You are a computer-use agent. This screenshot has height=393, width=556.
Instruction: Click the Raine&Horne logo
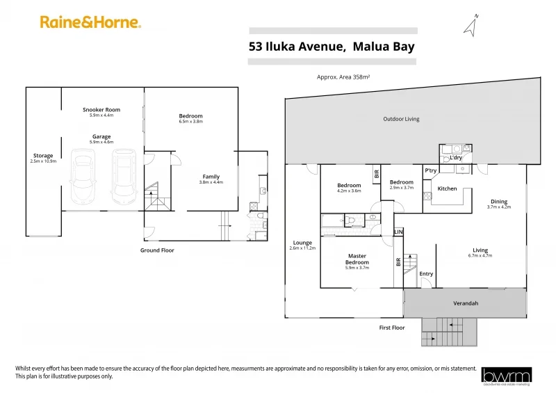pos(90,22)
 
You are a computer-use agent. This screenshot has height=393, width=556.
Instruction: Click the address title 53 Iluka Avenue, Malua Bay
pos(332,47)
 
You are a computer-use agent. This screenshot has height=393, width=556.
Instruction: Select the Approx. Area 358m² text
pos(343,77)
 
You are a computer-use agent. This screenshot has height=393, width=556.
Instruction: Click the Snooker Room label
pos(101,110)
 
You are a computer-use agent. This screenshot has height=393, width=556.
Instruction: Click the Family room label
pos(211,177)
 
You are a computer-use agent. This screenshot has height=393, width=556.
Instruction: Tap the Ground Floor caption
pos(157,250)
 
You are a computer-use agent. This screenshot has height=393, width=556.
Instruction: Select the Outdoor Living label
pos(401,119)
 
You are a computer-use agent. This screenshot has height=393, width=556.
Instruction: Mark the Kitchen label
pos(447,189)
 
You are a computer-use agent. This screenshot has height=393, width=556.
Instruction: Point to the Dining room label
pos(498,202)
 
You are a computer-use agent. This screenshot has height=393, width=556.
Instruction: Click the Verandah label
pos(466,303)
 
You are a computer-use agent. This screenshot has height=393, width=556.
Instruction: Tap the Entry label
pos(426,273)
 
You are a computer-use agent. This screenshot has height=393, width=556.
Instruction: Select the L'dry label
pos(456,158)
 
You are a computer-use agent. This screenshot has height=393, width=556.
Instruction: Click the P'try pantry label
pos(430,170)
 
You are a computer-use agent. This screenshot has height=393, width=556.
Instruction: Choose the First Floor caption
pos(391,327)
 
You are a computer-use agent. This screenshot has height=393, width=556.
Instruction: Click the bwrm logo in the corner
pos(507,375)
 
